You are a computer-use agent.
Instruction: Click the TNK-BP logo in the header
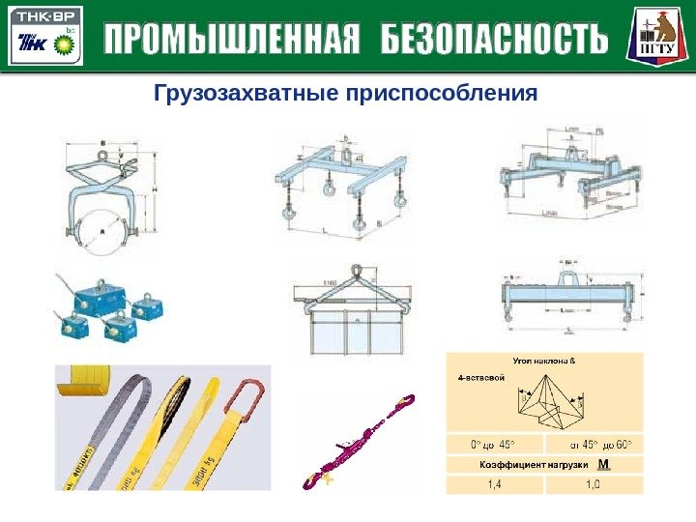(45, 38)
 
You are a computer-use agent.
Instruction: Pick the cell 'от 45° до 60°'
(594, 446)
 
